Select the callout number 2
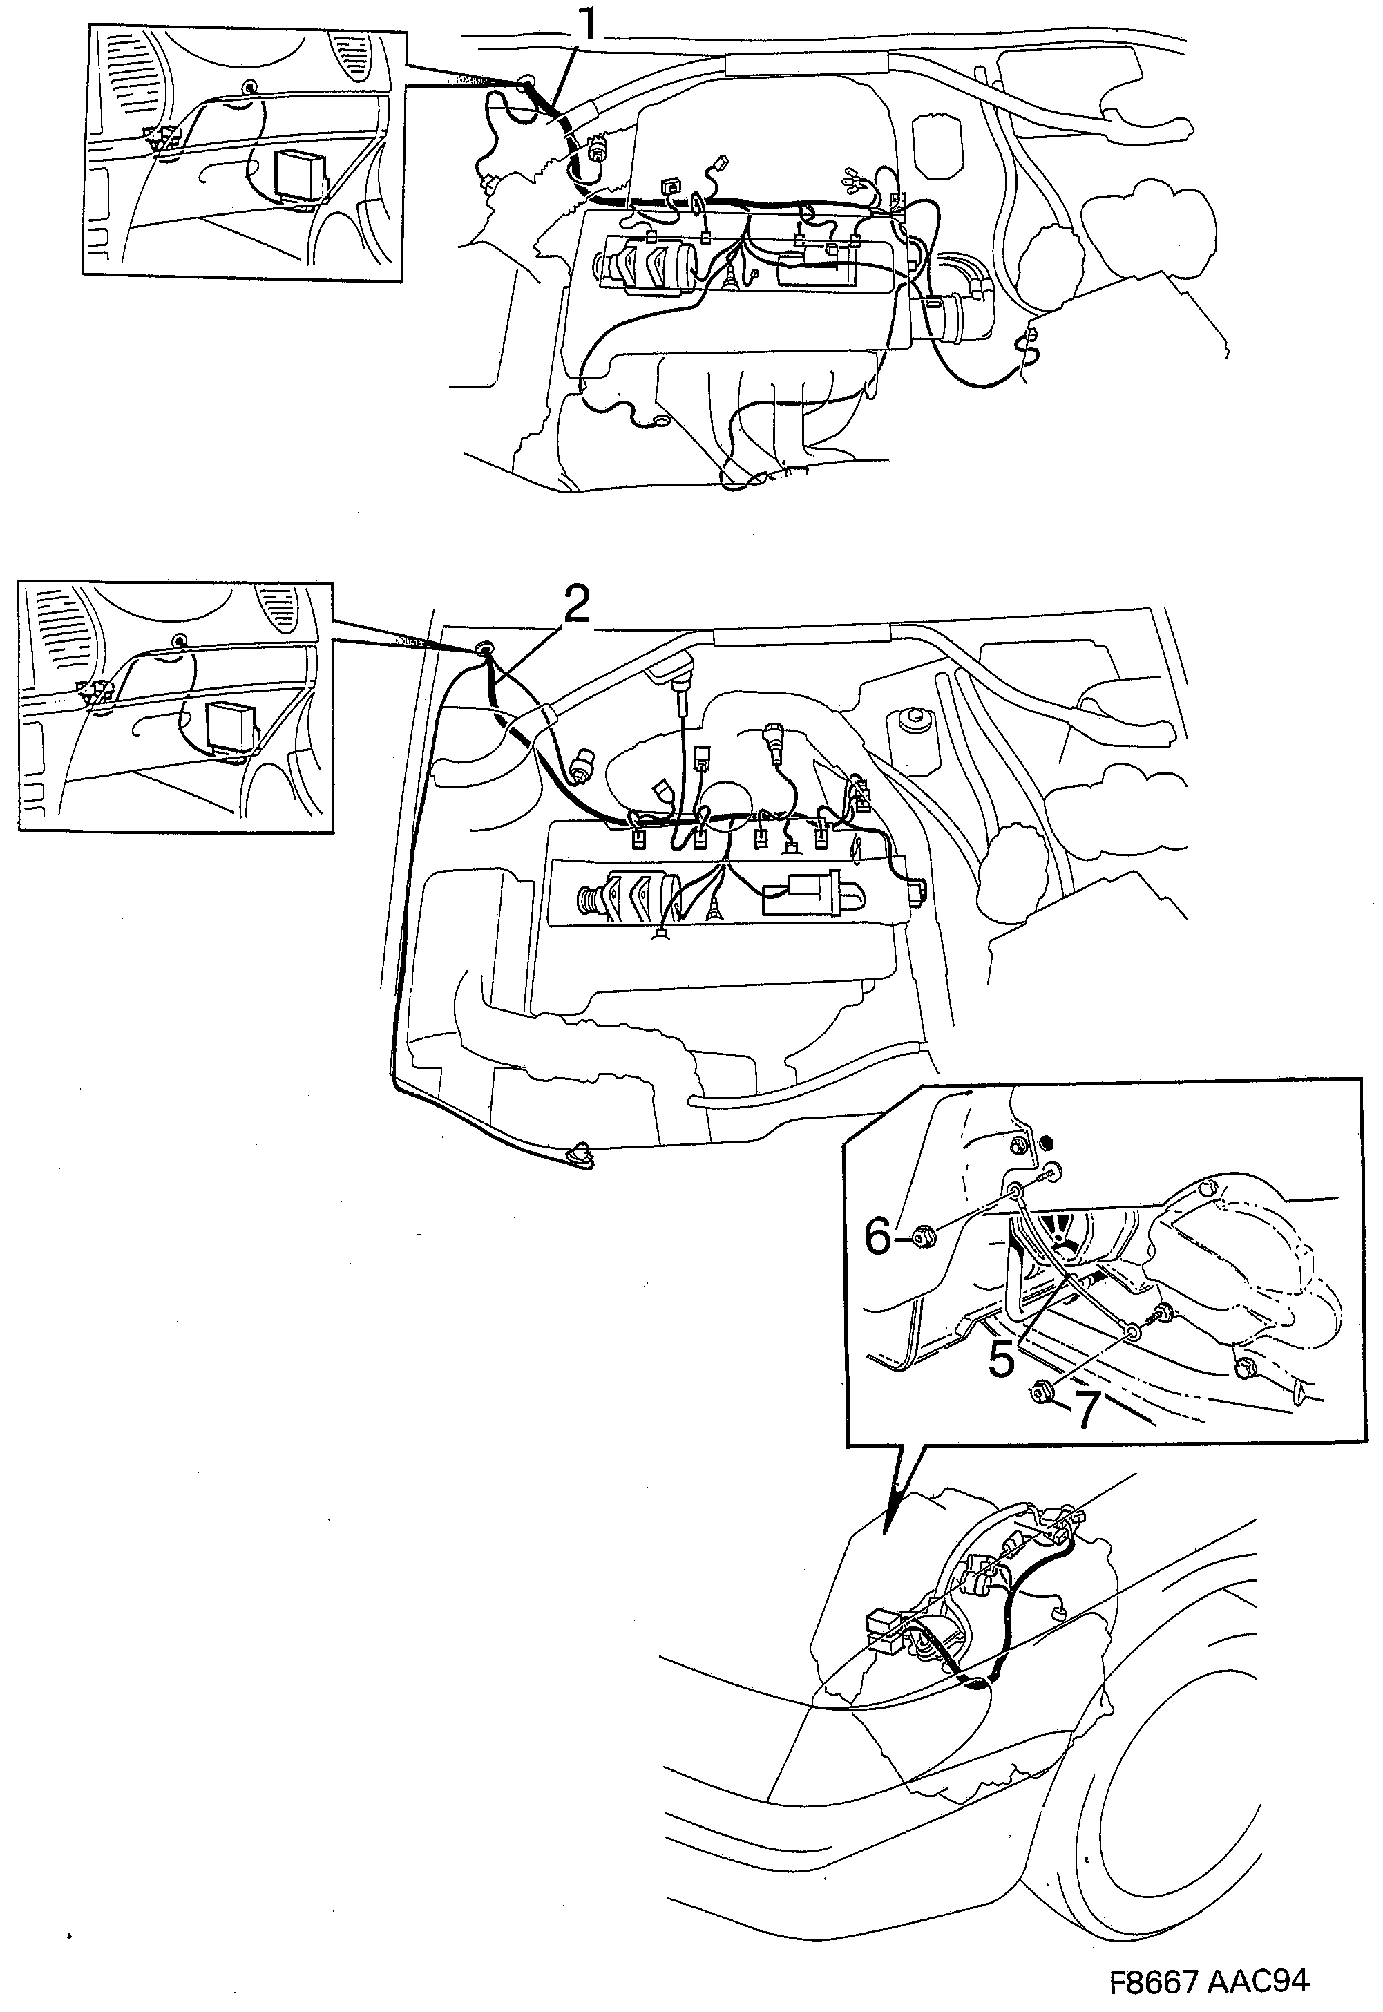tap(575, 604)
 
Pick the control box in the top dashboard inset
tap(296, 174)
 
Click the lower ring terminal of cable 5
tap(1132, 1329)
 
